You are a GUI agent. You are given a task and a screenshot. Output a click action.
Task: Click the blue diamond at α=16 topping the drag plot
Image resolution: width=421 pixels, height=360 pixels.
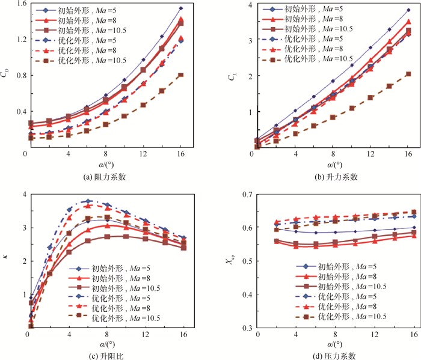[181, 8]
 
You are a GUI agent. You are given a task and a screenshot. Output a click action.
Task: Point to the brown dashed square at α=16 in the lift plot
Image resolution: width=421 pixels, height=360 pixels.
[408, 74]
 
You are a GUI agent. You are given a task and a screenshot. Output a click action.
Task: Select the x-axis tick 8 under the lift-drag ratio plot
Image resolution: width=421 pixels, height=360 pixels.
[106, 334]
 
